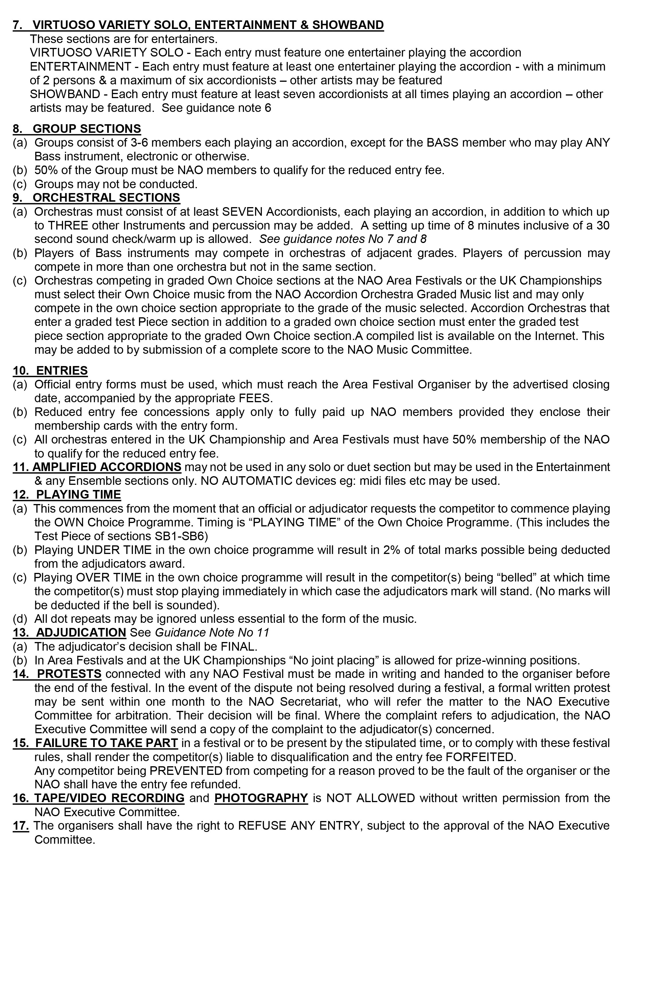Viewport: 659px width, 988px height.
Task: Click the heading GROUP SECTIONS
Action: tap(87, 129)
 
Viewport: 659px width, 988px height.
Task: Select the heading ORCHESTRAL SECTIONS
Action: tap(106, 198)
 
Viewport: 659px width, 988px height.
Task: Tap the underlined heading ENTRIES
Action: tap(62, 371)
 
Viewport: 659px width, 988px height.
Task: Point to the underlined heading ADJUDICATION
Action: tap(81, 633)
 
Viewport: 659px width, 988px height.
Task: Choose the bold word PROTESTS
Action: tap(69, 674)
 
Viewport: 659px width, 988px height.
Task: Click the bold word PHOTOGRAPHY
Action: tap(261, 798)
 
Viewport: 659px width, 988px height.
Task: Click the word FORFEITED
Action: tap(480, 757)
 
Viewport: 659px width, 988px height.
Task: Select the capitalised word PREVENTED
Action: tap(186, 771)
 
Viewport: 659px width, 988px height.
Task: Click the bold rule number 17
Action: tap(21, 826)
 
